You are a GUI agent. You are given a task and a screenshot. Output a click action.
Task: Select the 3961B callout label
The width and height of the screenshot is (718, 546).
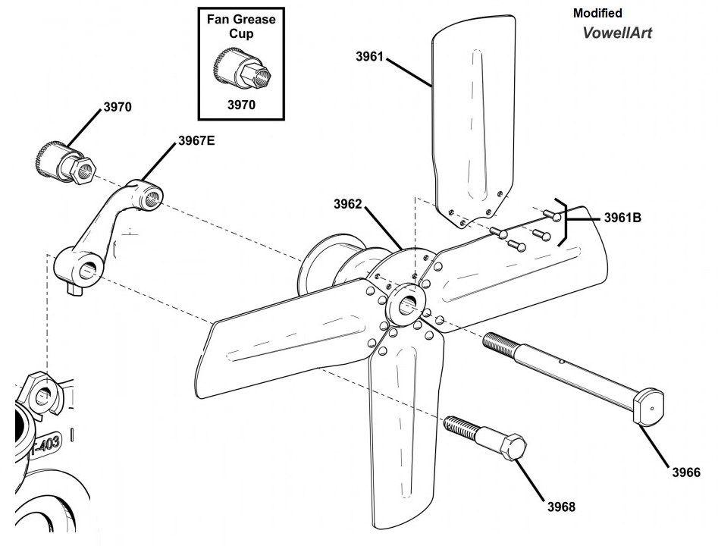click(x=622, y=218)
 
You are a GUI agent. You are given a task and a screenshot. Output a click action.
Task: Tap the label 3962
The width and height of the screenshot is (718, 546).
click(x=348, y=204)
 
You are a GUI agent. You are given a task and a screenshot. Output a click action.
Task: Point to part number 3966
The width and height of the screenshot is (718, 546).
click(x=686, y=472)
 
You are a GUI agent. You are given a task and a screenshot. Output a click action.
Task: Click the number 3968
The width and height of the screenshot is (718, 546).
click(x=562, y=507)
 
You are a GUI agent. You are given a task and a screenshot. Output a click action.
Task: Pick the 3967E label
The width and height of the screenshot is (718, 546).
click(x=196, y=140)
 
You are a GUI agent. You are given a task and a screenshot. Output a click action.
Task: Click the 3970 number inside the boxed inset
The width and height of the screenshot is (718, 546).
click(x=241, y=105)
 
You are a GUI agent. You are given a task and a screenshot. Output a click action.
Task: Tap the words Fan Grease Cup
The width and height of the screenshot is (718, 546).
click(x=241, y=26)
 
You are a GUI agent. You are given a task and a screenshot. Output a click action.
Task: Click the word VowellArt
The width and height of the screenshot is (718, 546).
click(x=617, y=33)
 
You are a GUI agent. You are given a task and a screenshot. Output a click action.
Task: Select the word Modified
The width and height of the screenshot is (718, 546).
click(x=597, y=13)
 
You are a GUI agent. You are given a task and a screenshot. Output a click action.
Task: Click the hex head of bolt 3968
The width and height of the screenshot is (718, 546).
click(x=513, y=447)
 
